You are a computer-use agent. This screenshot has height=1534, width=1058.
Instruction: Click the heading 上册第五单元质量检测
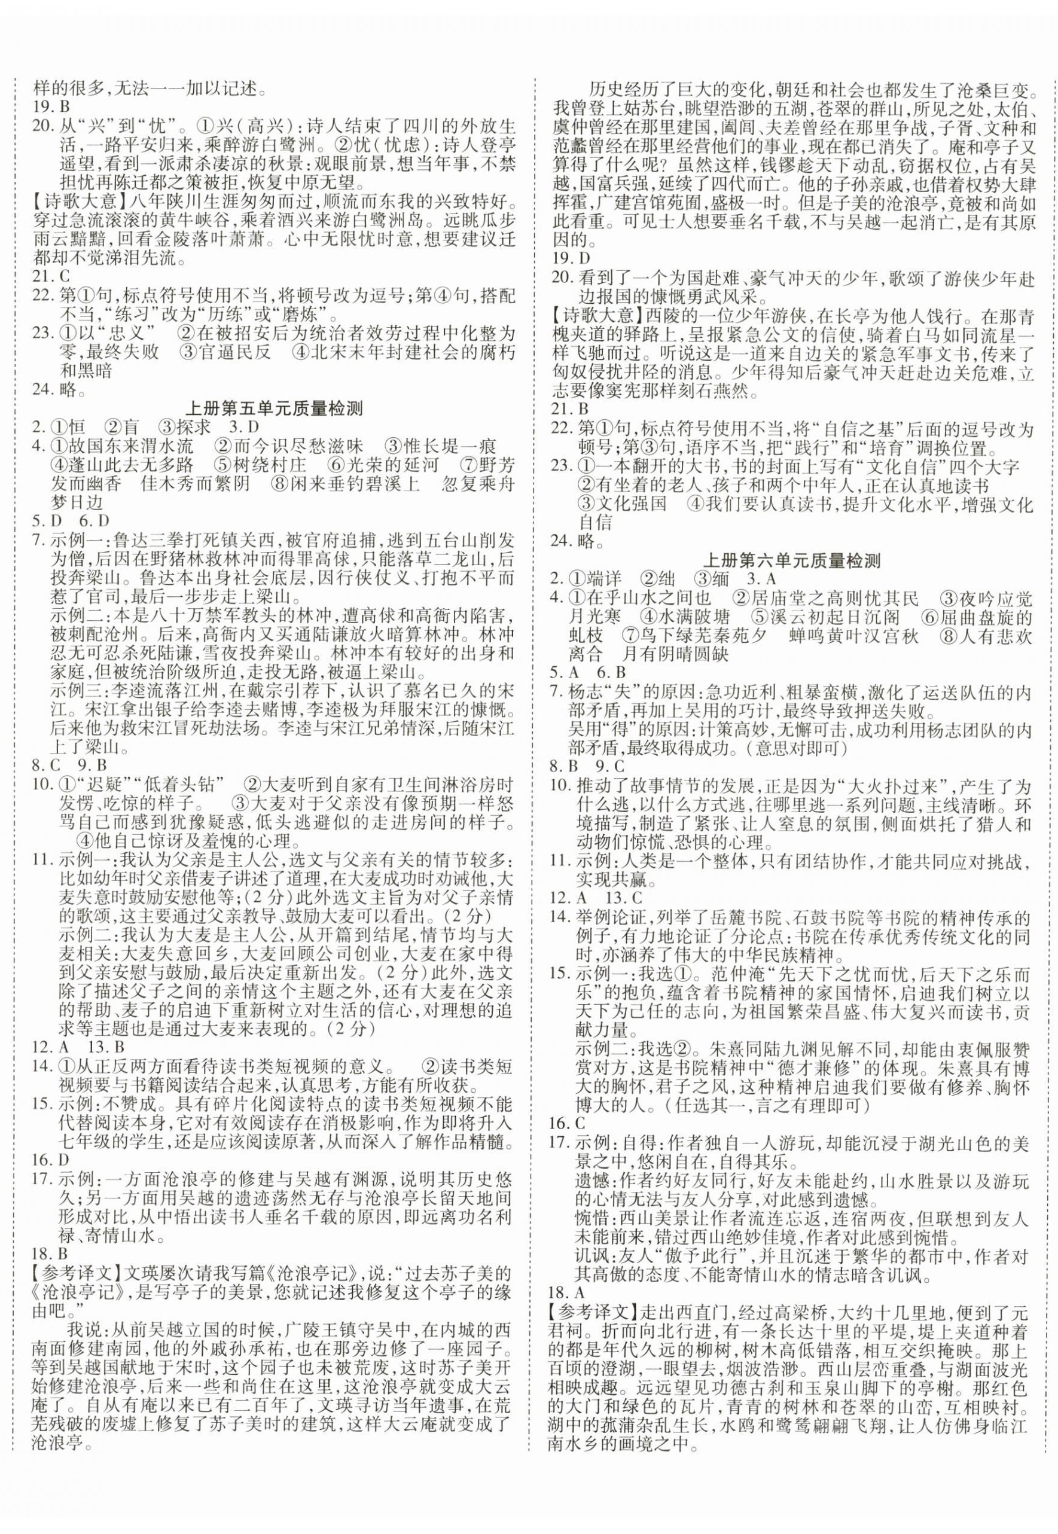coord(275,408)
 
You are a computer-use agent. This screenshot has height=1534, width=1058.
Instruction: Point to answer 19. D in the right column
coord(574,257)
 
